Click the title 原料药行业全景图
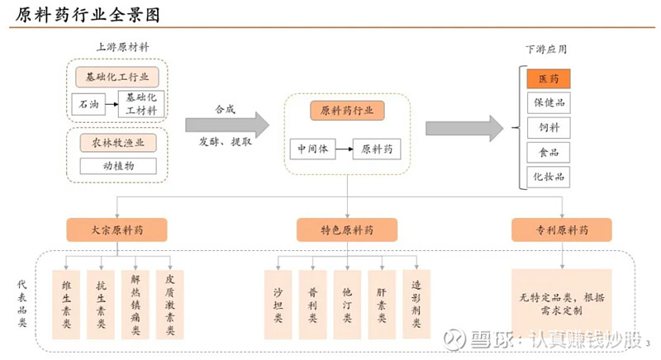coord(88,15)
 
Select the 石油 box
coord(88,104)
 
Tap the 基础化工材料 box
coord(141,103)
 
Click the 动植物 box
coord(118,166)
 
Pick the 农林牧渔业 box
coord(118,143)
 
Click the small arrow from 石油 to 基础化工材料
coord(112,104)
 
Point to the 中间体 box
coord(312,149)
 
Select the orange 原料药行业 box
coord(347,111)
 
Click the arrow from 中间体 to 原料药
coord(345,149)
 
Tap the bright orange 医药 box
coord(549,78)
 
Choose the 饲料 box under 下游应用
coord(549,128)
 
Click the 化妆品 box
coord(549,177)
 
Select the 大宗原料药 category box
coord(117,230)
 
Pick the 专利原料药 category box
coord(562,230)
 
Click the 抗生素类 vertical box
coord(101,305)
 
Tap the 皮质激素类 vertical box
coord(170,305)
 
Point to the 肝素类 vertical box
coord(382,305)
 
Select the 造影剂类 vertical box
coord(416,305)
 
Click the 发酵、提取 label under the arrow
coord(226,142)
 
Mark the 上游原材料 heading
coord(122,47)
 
